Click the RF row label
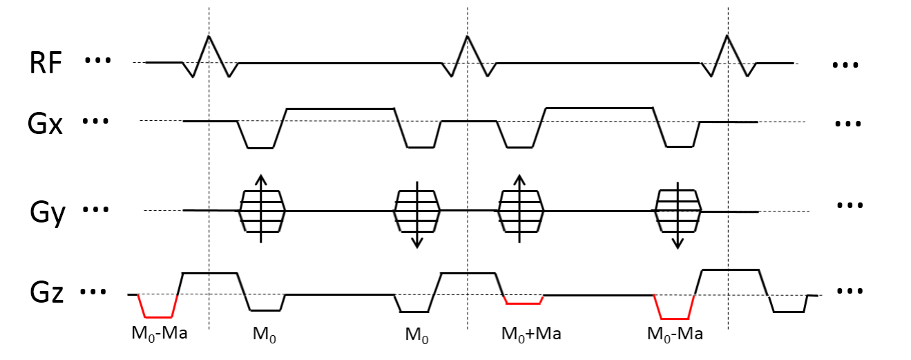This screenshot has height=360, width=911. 46,64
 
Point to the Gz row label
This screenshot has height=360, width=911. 46,294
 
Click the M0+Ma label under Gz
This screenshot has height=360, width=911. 530,335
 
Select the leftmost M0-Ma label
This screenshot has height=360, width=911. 160,334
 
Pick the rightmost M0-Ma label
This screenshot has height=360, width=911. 675,335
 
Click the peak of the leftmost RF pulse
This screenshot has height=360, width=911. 209,35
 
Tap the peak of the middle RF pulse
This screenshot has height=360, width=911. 468,35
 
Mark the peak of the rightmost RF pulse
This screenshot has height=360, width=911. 727,35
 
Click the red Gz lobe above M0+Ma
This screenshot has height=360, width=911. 524,303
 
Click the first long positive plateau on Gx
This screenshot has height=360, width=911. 340,108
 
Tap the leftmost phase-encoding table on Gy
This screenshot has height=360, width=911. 262,211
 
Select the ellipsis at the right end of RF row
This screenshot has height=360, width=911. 845,65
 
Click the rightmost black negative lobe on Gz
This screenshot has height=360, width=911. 788,311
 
